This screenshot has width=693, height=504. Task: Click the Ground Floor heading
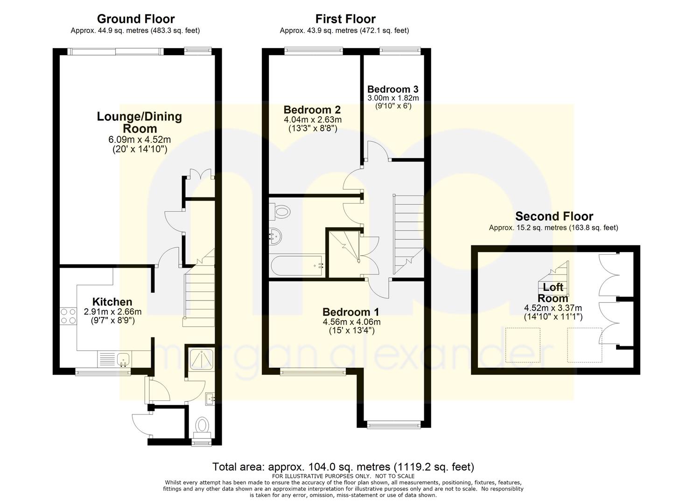coord(136,19)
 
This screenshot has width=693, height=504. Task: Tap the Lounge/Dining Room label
coord(140,123)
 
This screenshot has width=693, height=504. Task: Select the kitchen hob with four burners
coord(69,316)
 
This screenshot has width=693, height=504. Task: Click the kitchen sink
coord(124,359)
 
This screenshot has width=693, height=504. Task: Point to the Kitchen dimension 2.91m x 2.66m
coord(112,312)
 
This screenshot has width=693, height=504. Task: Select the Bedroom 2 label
coord(312,110)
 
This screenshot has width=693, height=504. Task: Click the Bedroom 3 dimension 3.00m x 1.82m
coord(393,98)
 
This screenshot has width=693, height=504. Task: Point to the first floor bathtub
coord(297,266)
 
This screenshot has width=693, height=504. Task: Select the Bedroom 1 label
coord(351,312)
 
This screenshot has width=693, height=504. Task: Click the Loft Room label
coord(553,293)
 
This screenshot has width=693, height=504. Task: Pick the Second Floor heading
coord(554,216)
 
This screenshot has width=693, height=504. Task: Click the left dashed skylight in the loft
coord(523,345)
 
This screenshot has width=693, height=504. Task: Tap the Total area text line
coord(343,467)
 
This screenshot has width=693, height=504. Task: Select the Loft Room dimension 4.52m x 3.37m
coord(553,308)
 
